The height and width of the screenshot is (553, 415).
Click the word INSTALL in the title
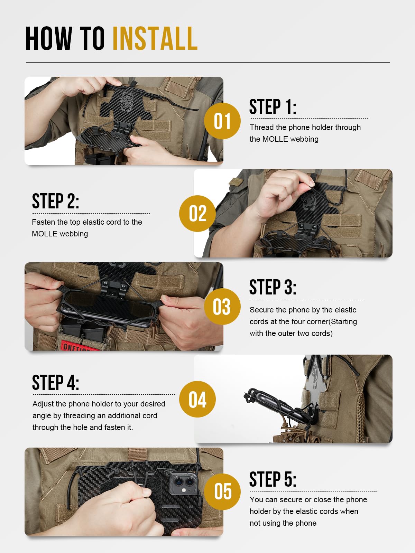[155, 39]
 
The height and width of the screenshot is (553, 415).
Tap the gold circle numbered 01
[222, 121]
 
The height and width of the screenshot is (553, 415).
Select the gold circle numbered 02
[197, 213]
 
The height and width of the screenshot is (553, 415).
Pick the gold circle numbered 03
[222, 307]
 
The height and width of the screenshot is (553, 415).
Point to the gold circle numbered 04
[197, 399]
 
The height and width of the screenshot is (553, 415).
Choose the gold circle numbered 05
[222, 491]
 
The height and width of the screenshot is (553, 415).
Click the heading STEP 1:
[273, 107]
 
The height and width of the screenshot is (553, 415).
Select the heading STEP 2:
[55, 201]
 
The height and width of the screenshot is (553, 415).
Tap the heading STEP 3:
[273, 288]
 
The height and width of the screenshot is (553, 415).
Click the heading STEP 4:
[55, 383]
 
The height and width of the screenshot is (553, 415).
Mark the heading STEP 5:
[273, 479]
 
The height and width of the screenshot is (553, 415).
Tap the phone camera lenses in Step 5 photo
[184, 482]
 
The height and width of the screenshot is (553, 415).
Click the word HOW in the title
[48, 39]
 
